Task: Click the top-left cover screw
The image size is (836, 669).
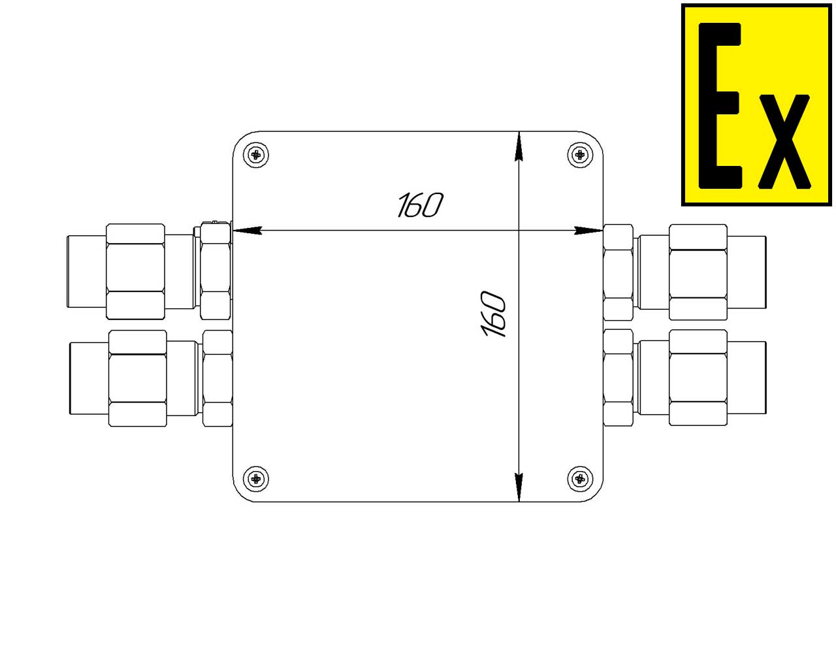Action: (x=255, y=155)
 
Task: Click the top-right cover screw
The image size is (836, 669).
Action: (x=580, y=155)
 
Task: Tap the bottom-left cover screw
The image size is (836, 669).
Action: (x=255, y=478)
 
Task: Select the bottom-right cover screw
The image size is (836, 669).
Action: (x=580, y=478)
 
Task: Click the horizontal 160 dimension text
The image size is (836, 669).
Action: (x=420, y=204)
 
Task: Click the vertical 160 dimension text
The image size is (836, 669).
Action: (x=493, y=314)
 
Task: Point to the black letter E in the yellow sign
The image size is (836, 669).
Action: (x=720, y=106)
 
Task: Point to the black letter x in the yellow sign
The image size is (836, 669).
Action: (x=784, y=142)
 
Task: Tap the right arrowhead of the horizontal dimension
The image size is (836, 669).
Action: (x=588, y=231)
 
